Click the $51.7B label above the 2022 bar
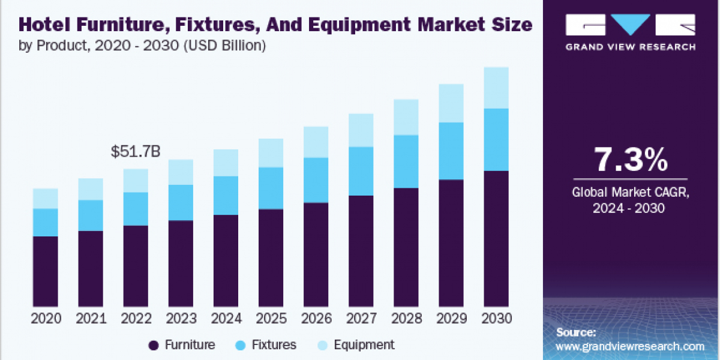click(x=136, y=152)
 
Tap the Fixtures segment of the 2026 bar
click(x=316, y=180)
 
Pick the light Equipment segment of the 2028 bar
click(x=406, y=117)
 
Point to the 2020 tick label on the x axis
click(x=46, y=318)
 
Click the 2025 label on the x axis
click(x=271, y=318)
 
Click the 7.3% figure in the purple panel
click(x=631, y=160)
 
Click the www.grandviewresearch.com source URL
click(x=630, y=346)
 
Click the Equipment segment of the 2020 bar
click(x=46, y=198)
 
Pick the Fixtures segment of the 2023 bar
click(x=181, y=202)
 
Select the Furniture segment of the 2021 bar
click(x=91, y=269)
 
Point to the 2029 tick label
click(x=451, y=318)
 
